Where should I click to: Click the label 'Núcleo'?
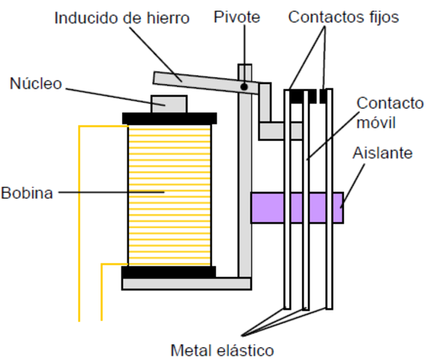(x=34, y=82)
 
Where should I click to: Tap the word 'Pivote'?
(x=236, y=16)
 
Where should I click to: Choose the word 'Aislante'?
(x=382, y=153)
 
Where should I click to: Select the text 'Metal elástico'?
(x=222, y=349)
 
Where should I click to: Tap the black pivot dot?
(x=244, y=87)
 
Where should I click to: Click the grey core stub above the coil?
(x=169, y=103)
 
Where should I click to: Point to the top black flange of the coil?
(x=169, y=118)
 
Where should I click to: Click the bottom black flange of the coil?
(x=169, y=271)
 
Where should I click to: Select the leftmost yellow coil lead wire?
(x=79, y=225)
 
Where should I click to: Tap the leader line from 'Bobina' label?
(x=112, y=192)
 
